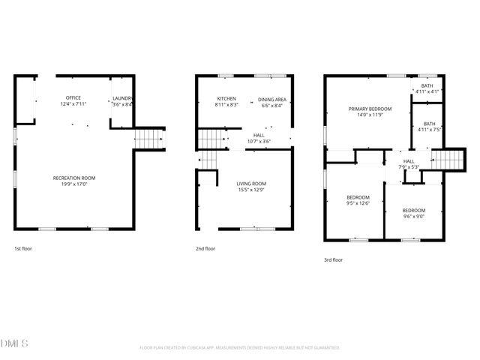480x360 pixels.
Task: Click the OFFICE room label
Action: tap(73, 98)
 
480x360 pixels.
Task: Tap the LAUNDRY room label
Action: tap(122, 98)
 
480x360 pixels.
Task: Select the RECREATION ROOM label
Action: tap(73, 178)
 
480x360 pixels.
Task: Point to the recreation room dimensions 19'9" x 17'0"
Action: tap(73, 184)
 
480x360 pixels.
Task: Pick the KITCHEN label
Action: tap(226, 99)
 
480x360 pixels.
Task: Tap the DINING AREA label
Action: tap(271, 99)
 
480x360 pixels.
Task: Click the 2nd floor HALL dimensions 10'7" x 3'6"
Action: tap(257, 142)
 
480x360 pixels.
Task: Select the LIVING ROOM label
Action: tap(251, 184)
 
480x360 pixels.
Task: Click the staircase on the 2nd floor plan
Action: tap(211, 139)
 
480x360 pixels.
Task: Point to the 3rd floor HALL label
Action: tap(409, 161)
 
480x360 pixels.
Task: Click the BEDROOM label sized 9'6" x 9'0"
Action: tap(413, 210)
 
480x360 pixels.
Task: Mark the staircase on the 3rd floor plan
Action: tap(445, 159)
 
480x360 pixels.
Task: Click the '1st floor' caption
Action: tap(23, 248)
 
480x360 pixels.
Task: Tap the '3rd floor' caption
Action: tap(333, 259)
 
